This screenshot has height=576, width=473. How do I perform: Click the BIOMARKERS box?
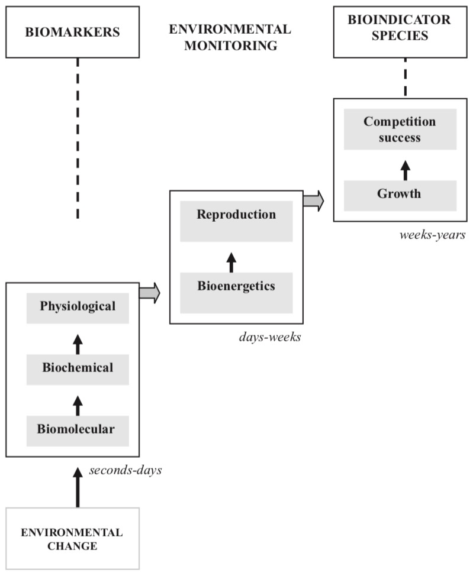[72, 32]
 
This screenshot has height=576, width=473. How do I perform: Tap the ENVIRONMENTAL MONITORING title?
[230, 37]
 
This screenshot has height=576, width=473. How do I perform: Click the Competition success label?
[400, 130]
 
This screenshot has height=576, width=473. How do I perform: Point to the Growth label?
[400, 194]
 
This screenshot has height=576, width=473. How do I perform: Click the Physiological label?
[78, 306]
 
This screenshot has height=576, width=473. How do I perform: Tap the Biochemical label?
[78, 368]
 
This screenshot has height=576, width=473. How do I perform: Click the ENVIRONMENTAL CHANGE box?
[72, 538]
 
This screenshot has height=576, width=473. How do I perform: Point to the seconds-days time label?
[126, 471]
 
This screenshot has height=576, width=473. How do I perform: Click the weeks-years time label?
[432, 235]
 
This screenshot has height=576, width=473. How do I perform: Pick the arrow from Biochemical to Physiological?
[78, 342]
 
